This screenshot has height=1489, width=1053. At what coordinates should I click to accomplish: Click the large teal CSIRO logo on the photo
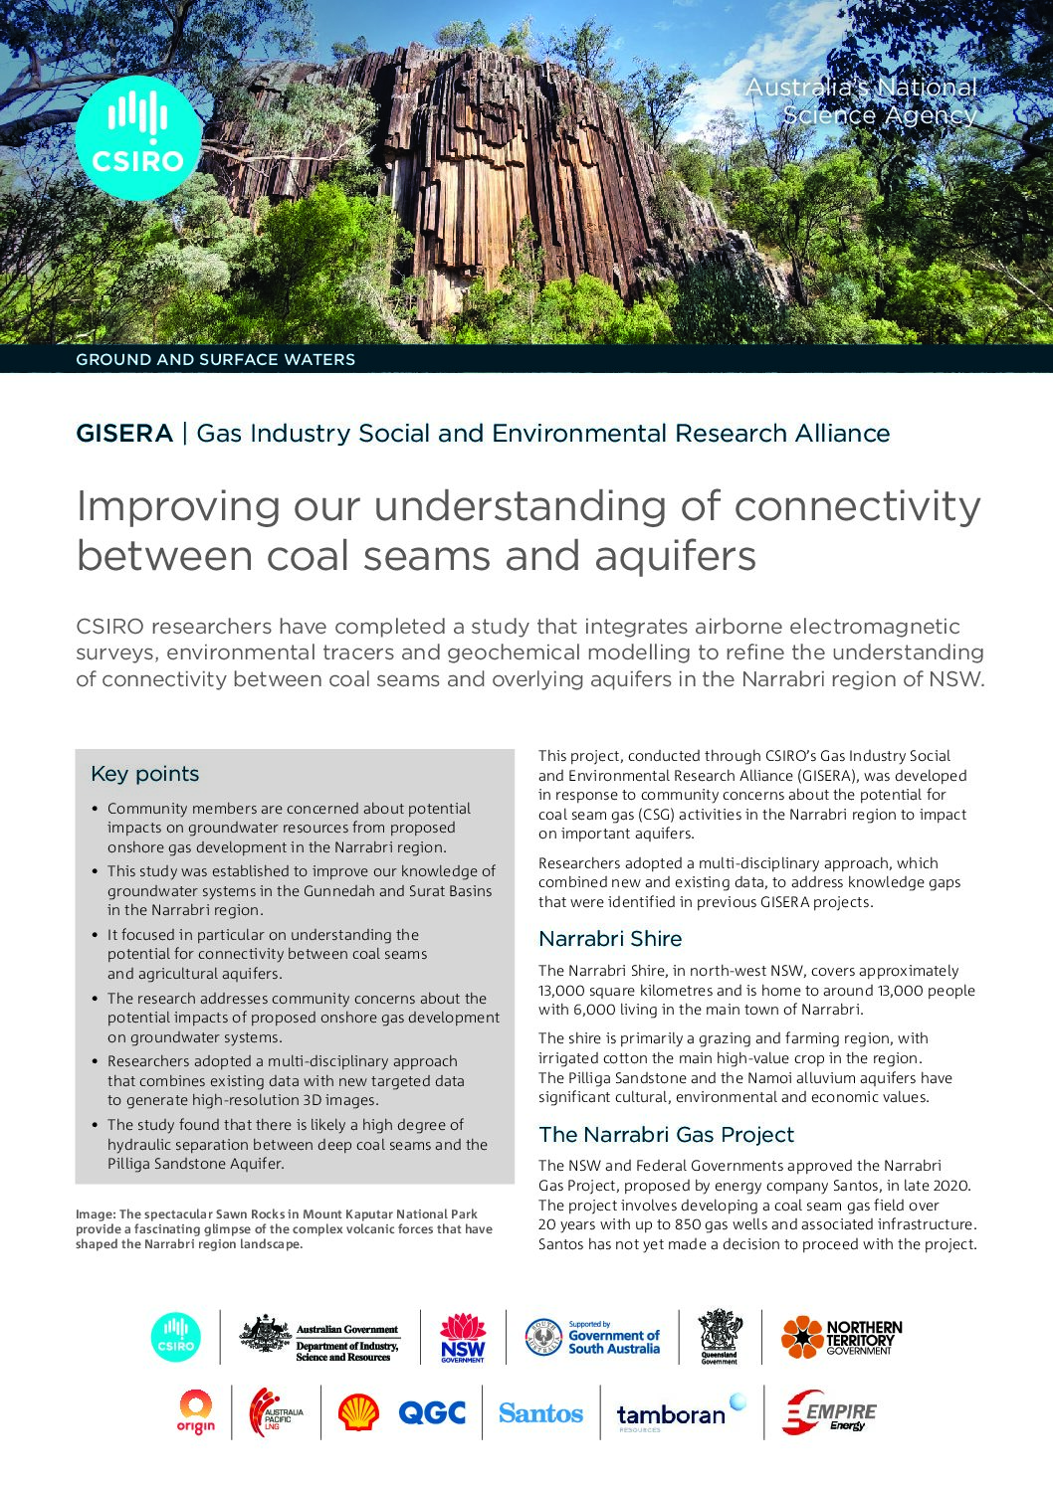coord(138,137)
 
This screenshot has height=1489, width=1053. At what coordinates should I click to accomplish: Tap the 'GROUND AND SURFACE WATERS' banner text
coord(215,360)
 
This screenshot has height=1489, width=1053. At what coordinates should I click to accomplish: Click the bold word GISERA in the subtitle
coord(124,434)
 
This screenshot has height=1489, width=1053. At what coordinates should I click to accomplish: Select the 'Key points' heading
coord(144,774)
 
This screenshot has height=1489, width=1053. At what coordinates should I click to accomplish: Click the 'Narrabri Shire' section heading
coord(610,939)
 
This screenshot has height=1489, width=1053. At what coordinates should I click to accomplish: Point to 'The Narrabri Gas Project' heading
coord(666,1135)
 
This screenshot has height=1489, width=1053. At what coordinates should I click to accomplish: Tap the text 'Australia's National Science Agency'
coord(862,101)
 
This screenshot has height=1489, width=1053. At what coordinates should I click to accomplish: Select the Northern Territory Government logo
coord(841,1338)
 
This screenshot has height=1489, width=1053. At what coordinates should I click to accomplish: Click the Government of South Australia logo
coord(592,1338)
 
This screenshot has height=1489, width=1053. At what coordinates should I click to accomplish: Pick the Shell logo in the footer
coord(358,1412)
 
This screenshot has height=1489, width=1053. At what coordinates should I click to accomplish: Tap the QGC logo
coord(432,1412)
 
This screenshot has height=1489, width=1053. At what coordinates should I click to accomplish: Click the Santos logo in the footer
coord(540,1413)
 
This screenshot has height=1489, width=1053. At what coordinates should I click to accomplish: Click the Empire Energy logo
coord(829,1412)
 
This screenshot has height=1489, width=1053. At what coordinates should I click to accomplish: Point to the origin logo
coord(196,1412)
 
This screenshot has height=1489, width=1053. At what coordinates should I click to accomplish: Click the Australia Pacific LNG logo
coord(276,1412)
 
